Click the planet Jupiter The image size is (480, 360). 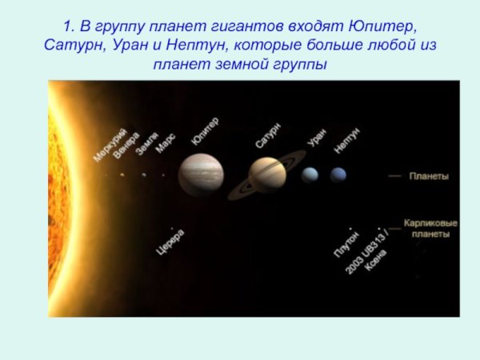(x=201, y=174)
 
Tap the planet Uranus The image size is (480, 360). (x=310, y=174)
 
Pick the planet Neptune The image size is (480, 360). (x=338, y=174)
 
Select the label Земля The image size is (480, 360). (x=146, y=143)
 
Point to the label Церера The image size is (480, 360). (x=170, y=242)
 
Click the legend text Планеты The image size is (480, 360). (x=429, y=176)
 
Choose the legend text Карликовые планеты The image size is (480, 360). (x=430, y=229)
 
